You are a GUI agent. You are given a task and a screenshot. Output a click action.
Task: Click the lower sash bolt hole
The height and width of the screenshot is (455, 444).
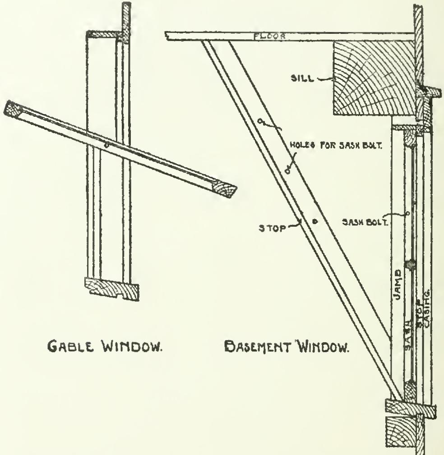pyautogui.click(x=287, y=170)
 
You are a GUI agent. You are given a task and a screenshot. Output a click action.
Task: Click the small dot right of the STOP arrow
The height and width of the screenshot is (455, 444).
pyautogui.click(x=314, y=221)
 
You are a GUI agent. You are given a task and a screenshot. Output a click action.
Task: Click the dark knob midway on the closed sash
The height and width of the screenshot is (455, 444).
pyautogui.click(x=410, y=265)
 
